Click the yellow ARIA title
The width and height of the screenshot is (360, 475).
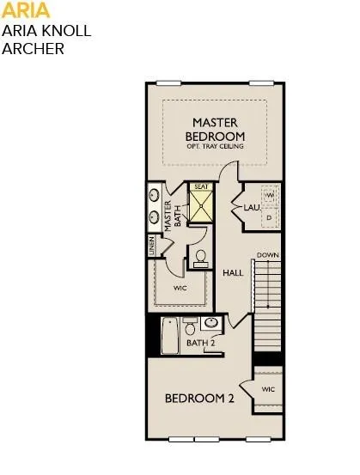(x=26, y=11)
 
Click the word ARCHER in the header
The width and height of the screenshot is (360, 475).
(x=34, y=48)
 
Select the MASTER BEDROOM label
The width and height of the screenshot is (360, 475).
(x=215, y=130)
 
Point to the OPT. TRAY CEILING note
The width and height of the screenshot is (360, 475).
(x=215, y=146)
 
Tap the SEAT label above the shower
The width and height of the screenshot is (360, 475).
(x=201, y=186)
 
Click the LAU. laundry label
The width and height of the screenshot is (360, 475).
(x=252, y=208)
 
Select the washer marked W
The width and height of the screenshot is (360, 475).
(x=269, y=196)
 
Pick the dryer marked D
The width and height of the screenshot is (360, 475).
(x=269, y=218)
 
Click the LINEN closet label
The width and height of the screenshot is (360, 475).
(x=151, y=246)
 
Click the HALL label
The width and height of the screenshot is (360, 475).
(x=233, y=273)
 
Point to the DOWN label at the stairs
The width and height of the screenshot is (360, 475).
(x=267, y=255)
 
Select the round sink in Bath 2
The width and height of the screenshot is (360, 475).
(x=211, y=324)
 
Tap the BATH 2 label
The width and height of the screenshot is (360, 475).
(x=200, y=344)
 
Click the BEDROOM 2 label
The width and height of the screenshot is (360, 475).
(x=199, y=399)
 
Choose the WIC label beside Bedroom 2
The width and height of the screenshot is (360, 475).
(x=268, y=390)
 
